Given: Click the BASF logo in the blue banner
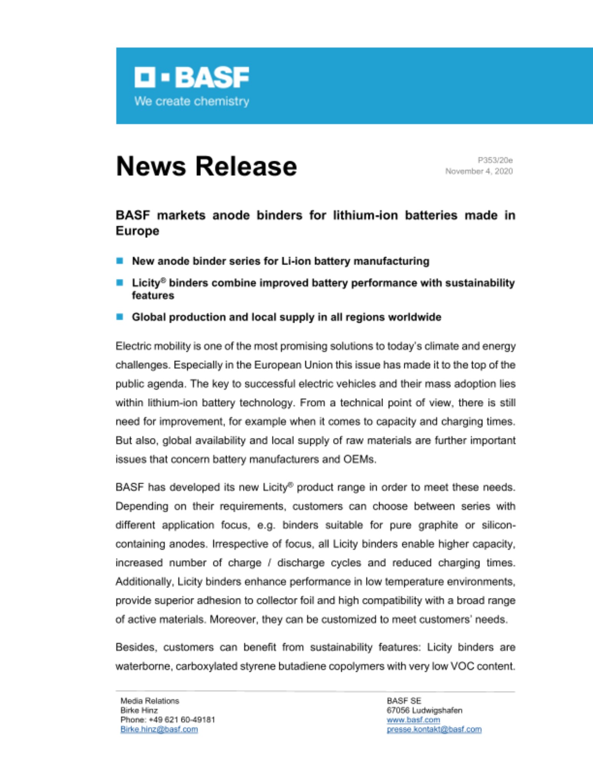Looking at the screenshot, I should [192, 77].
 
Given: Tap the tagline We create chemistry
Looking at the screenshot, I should [192, 101].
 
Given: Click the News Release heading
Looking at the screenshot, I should [206, 166].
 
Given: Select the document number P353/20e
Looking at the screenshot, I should [495, 160].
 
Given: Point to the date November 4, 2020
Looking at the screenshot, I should [479, 171].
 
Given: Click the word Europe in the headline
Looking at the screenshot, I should [137, 231].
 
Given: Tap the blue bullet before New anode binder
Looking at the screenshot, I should [120, 261].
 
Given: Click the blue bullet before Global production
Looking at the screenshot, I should [120, 317].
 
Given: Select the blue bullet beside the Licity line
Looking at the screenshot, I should [120, 283].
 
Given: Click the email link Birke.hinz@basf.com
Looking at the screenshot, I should [159, 729].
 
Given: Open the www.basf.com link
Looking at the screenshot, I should [413, 720].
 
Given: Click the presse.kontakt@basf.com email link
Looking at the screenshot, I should [434, 729].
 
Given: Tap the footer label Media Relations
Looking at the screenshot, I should [150, 701].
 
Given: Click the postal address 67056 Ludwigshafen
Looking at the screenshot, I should [424, 710].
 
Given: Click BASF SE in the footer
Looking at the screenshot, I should [404, 701].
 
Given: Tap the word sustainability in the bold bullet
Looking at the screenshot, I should [480, 283].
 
